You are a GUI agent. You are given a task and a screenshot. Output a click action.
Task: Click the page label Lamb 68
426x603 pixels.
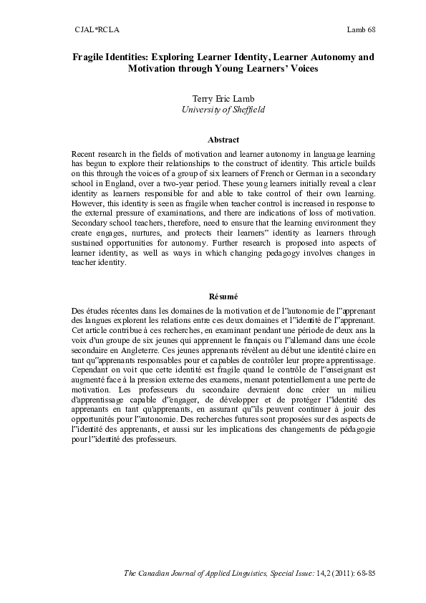362,29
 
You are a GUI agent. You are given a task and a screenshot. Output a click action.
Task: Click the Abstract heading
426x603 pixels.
223,140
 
